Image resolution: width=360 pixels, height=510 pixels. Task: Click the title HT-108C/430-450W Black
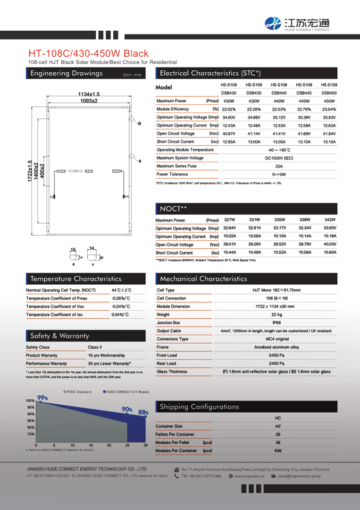tap(88, 53)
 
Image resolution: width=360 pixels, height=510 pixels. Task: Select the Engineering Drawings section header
tap(66, 73)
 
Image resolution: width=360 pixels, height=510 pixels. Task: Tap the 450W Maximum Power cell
tap(329, 101)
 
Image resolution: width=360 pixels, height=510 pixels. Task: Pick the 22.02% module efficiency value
tap(229, 109)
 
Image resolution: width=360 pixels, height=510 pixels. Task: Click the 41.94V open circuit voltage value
tap(329, 134)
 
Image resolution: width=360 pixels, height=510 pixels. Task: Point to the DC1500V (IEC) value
tap(279, 158)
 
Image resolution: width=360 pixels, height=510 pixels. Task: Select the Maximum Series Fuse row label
tap(176, 166)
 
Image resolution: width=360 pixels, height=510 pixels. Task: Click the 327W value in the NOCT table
tap(229, 220)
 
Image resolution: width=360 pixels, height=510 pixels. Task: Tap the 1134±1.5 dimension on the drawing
tap(89, 94)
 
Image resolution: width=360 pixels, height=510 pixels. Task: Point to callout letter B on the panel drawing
tap(140, 124)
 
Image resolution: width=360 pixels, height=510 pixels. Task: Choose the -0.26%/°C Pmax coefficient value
tap(121, 298)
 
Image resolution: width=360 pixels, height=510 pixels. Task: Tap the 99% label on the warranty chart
tap(42, 398)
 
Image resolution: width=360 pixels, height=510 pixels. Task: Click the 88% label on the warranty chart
tap(143, 412)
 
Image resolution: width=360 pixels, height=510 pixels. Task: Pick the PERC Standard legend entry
tap(77, 392)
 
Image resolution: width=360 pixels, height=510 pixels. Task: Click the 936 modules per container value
tap(278, 451)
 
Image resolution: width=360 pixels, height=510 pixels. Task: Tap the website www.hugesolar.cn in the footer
tap(249, 476)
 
